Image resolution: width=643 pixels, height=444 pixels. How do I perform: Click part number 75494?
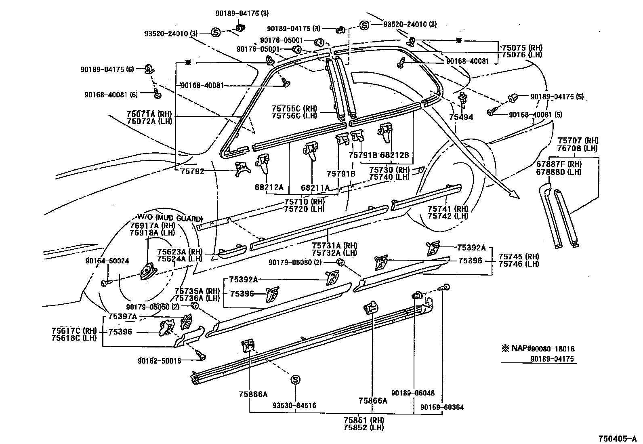461,118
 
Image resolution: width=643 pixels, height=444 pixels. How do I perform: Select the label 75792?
193,171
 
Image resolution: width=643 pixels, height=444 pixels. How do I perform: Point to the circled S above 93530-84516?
296,380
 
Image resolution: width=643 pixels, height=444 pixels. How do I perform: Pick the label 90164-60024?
107,261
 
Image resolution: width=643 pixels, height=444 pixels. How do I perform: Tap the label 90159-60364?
442,407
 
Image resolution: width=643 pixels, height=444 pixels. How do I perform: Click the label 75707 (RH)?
578,141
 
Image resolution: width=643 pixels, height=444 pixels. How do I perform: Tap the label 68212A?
269,187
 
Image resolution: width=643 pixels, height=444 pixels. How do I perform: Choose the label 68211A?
315,187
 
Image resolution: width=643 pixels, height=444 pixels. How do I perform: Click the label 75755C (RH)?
294,108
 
